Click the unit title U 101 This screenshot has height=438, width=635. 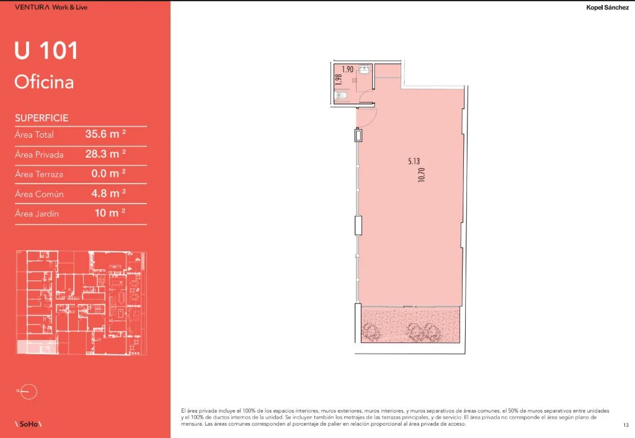click(46, 51)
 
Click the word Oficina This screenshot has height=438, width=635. click(44, 82)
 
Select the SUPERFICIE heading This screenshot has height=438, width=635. click(42, 118)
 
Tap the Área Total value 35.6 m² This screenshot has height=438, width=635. click(105, 134)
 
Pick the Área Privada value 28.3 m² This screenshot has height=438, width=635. click(105, 154)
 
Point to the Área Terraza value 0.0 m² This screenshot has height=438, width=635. click(108, 174)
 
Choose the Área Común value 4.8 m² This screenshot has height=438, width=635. click(108, 194)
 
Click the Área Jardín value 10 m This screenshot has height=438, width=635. click(110, 213)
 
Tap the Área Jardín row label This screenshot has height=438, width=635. click(37, 213)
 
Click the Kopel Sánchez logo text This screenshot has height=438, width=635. click(608, 7)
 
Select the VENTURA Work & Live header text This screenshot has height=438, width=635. click(51, 7)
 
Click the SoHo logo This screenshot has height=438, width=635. click(29, 424)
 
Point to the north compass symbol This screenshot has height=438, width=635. click(27, 391)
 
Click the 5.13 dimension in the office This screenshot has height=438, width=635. click(414, 161)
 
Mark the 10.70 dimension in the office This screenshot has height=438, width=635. click(421, 174)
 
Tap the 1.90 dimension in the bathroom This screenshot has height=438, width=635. click(347, 69)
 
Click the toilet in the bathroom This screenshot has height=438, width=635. click(342, 96)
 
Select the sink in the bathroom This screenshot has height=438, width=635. click(364, 69)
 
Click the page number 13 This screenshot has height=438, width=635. click(626, 425)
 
